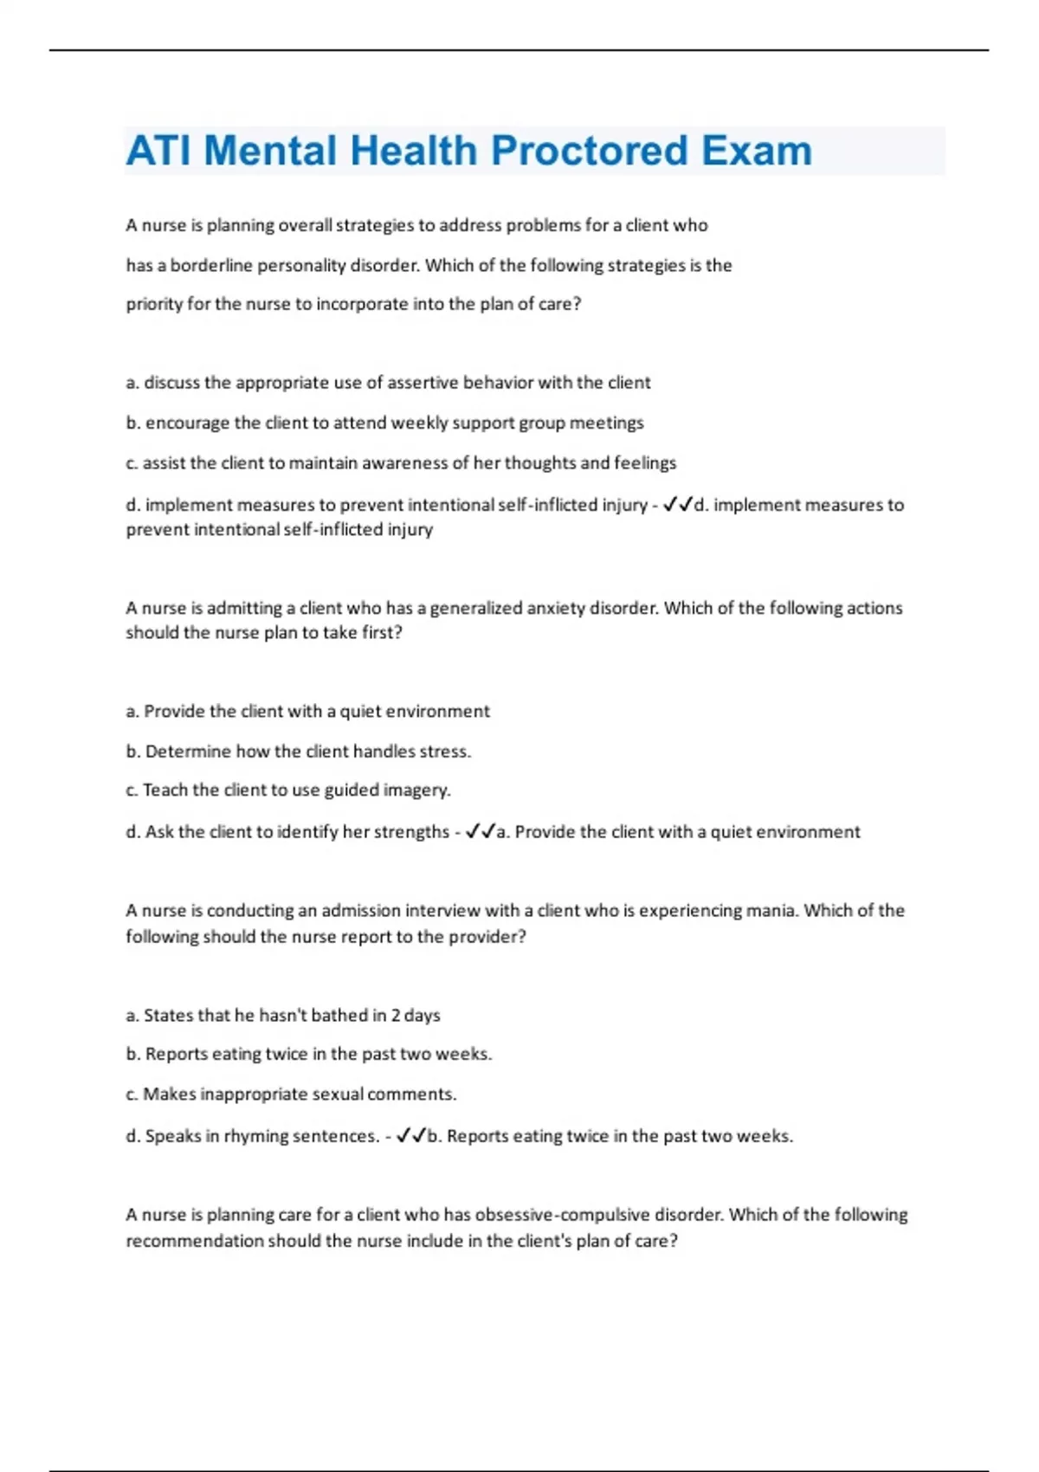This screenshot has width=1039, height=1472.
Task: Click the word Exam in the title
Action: pyautogui.click(x=757, y=151)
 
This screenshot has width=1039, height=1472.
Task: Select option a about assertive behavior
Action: pyautogui.click(x=388, y=383)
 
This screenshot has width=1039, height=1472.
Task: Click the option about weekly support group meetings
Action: pyautogui.click(x=385, y=423)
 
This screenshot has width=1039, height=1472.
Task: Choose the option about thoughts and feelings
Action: pyautogui.click(x=401, y=463)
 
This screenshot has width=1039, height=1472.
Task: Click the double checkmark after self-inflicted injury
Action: pyautogui.click(x=678, y=505)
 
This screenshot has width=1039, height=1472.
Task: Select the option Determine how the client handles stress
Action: pyautogui.click(x=299, y=752)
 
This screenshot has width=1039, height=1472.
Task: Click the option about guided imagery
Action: pyautogui.click(x=288, y=790)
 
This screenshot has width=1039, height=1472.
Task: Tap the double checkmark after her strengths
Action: pyautogui.click(x=481, y=832)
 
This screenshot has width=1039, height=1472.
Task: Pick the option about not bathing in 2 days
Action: pyautogui.click(x=283, y=1015)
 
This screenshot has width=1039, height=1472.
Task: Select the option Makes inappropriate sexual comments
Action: pyautogui.click(x=291, y=1094)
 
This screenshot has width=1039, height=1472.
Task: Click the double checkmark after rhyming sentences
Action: pyautogui.click(x=411, y=1136)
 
